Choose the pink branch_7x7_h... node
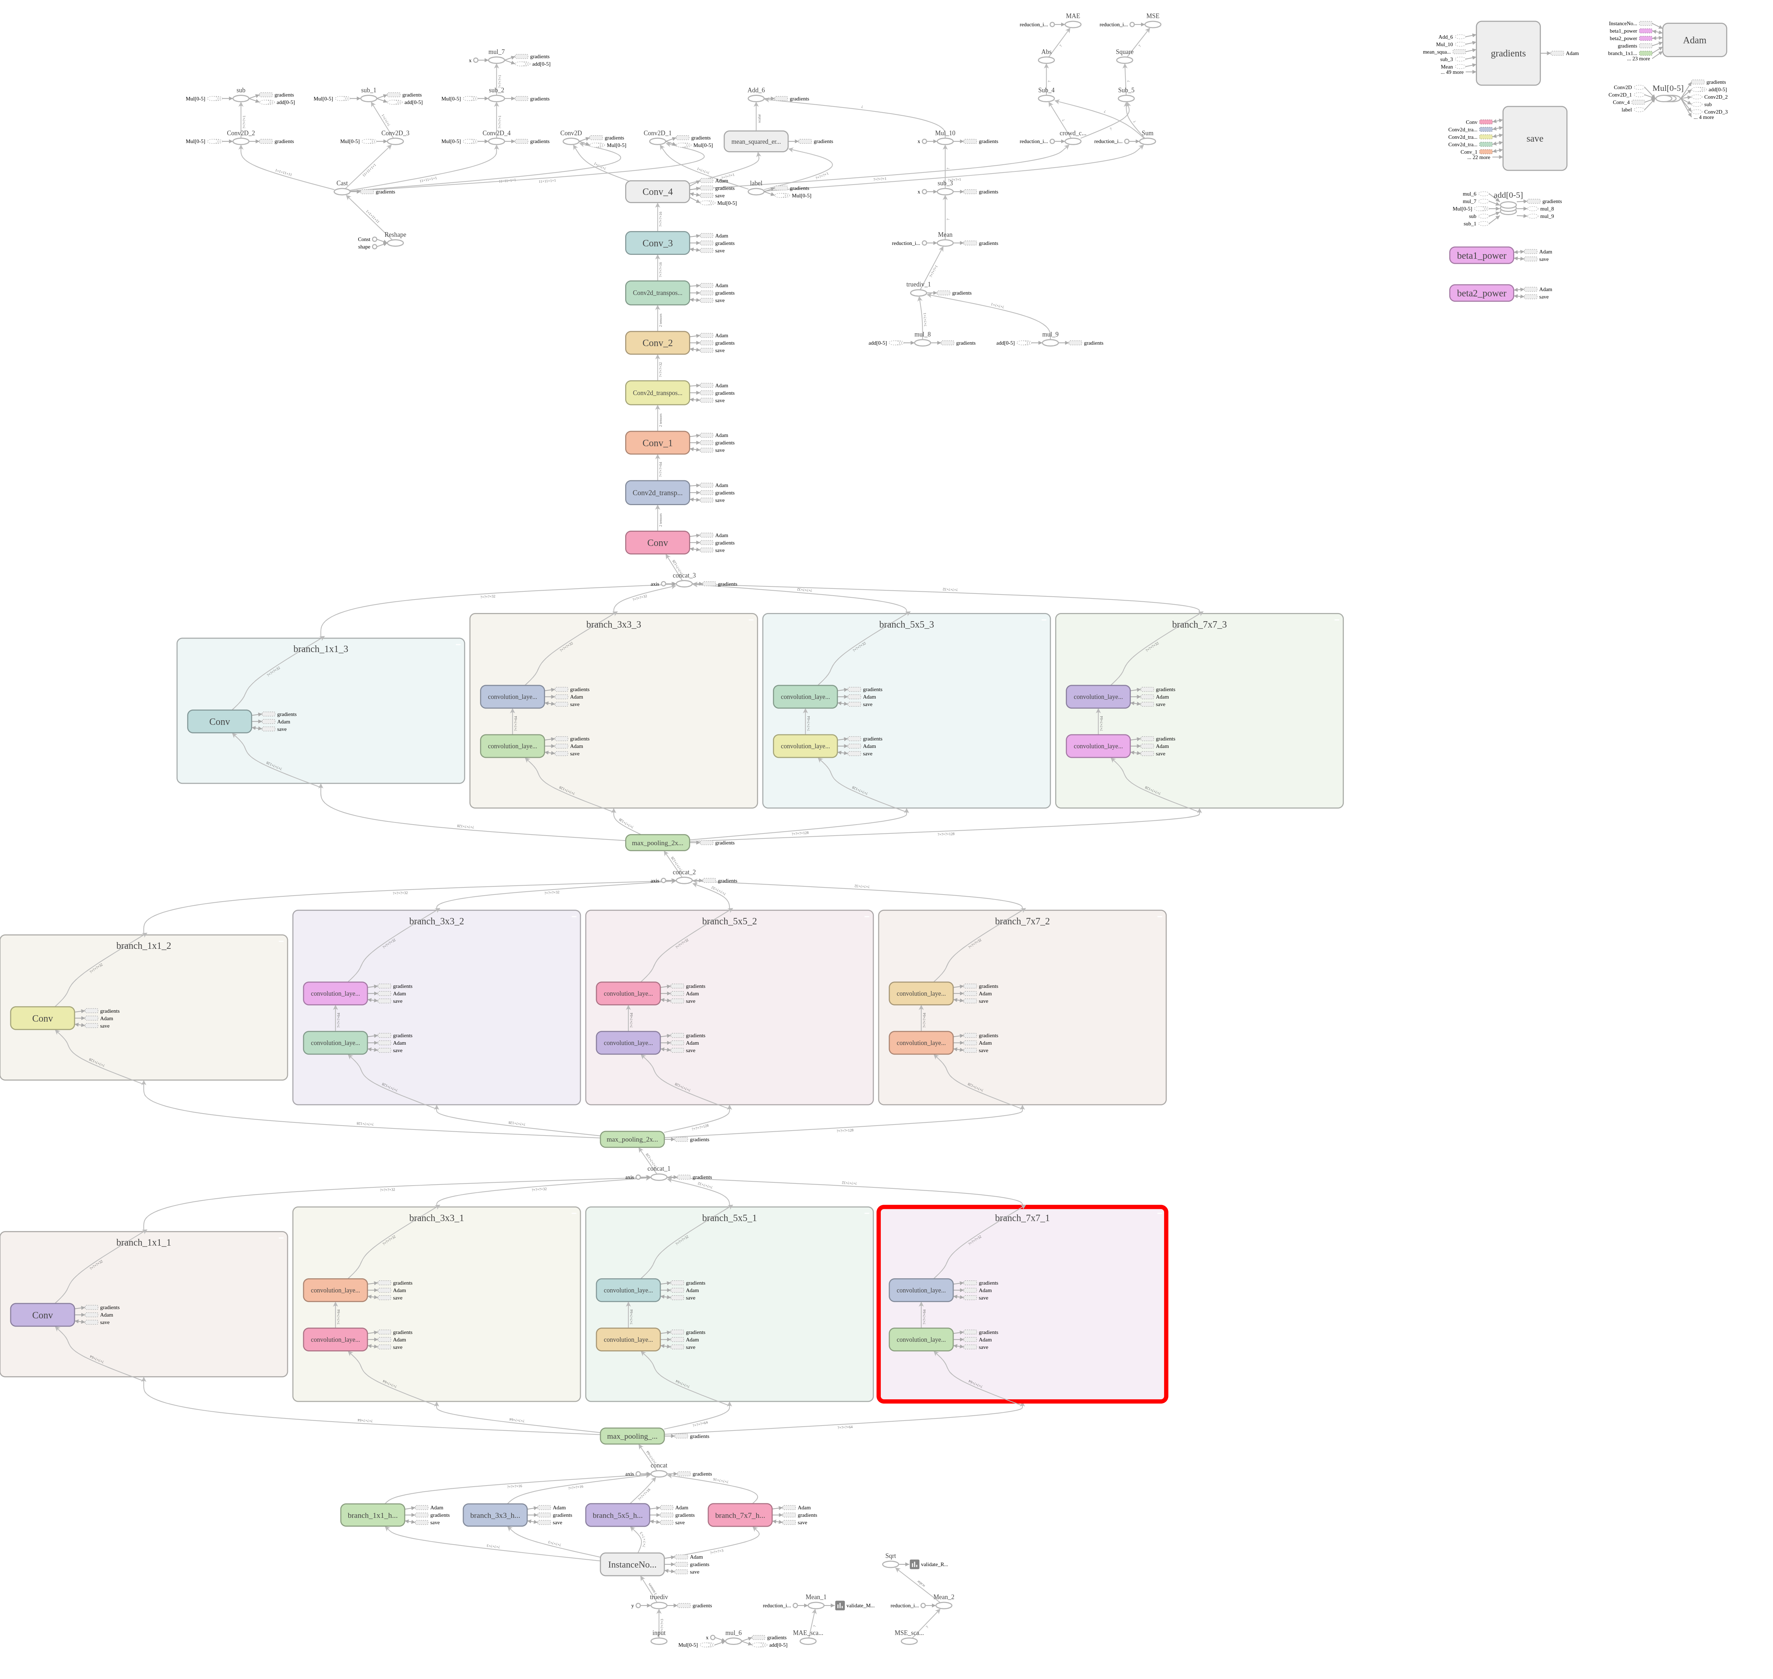point(739,1515)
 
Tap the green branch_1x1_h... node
point(372,1515)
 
